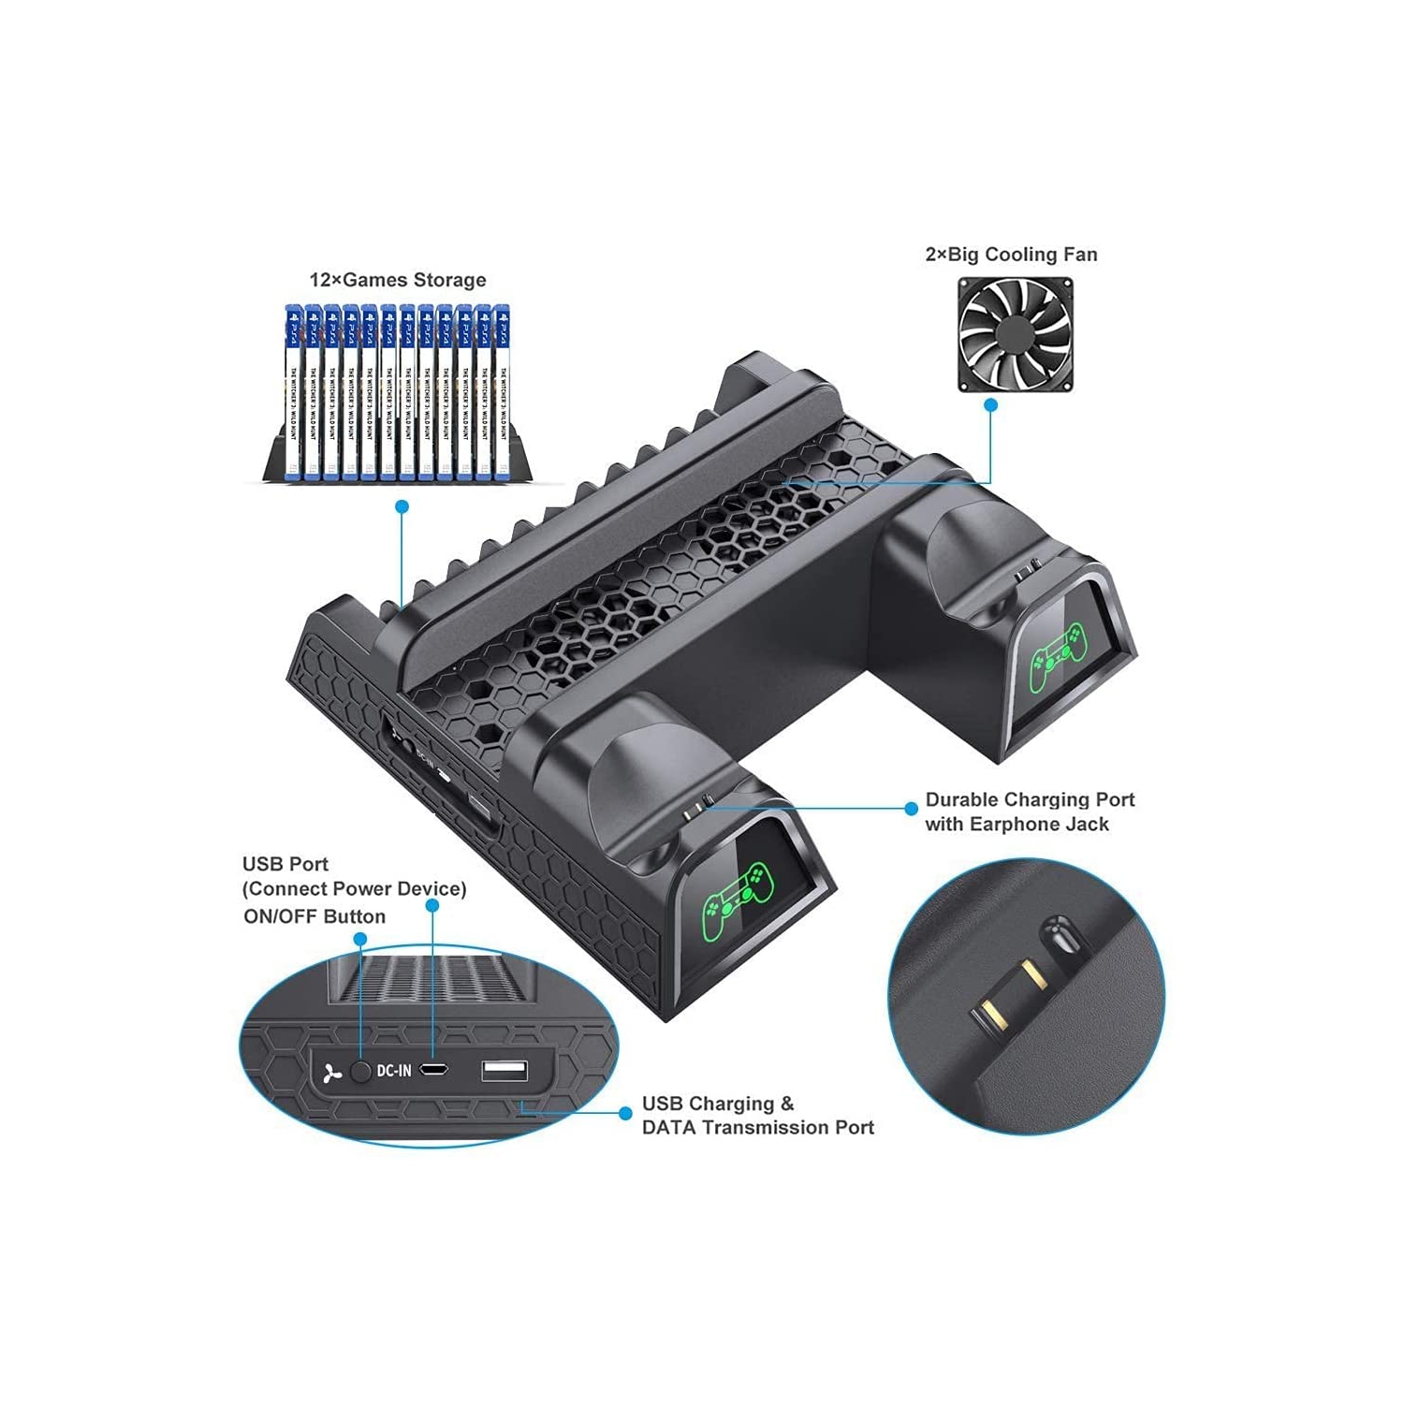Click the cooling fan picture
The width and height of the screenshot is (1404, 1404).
1015,335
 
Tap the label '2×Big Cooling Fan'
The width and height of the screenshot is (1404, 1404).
1011,255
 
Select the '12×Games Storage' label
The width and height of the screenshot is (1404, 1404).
398,280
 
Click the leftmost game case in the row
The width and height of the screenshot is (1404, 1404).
293,392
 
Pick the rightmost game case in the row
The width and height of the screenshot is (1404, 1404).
502,392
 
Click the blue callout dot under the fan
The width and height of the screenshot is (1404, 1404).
990,405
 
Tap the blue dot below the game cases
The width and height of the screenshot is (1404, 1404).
402,506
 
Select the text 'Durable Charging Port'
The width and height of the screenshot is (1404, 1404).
1030,800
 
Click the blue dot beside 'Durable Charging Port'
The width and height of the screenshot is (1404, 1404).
911,809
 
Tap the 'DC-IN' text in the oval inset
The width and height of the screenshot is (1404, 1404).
393,1071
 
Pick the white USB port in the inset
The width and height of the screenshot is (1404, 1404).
505,1071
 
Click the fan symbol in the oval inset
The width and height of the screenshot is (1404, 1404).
331,1074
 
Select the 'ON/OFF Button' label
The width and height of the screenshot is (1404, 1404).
314,917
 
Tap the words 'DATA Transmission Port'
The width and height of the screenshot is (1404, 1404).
758,1128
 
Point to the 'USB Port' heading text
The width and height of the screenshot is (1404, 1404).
285,865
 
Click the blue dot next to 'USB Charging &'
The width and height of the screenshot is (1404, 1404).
625,1113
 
